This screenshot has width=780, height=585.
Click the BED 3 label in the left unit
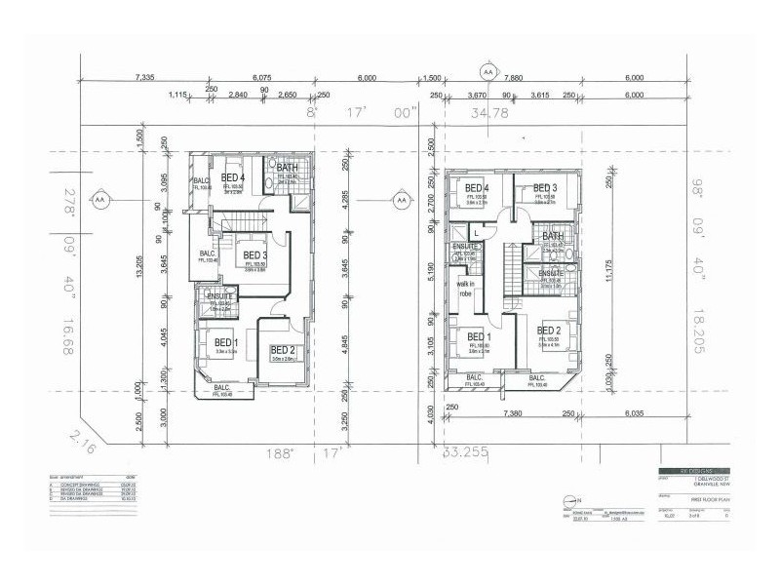(x=257, y=255)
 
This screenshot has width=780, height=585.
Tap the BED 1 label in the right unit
(x=478, y=338)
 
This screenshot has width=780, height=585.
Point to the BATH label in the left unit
(x=287, y=168)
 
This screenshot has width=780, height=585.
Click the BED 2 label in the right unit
(x=549, y=331)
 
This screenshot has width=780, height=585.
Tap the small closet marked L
(x=475, y=230)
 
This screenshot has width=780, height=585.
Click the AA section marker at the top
(x=487, y=71)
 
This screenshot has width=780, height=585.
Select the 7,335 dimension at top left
(x=146, y=76)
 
